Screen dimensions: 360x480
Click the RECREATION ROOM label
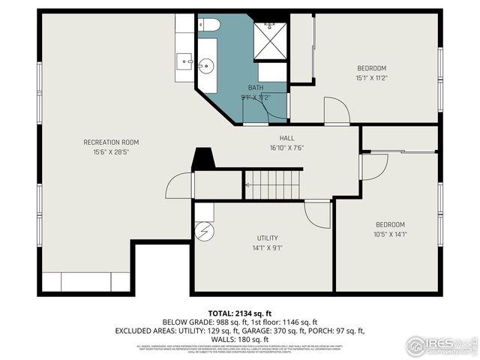[111, 142]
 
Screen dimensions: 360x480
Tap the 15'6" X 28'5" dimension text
[111, 152]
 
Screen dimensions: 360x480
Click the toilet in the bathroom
[208, 25]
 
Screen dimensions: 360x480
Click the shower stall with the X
[270, 40]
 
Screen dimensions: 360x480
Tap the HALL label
[287, 138]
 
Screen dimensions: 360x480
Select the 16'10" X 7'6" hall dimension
[287, 148]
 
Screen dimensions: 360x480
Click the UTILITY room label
[268, 238]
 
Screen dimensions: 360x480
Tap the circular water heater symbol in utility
[204, 231]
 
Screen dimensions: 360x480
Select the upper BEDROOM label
[371, 67]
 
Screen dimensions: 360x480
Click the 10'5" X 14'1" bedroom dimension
[390, 234]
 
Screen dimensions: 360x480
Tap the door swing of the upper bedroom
[336, 110]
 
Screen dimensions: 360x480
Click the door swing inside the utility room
[318, 214]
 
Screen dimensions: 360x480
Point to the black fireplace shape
[202, 160]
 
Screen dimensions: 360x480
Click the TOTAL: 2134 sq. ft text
[240, 313]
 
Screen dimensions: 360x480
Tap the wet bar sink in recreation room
[184, 58]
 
